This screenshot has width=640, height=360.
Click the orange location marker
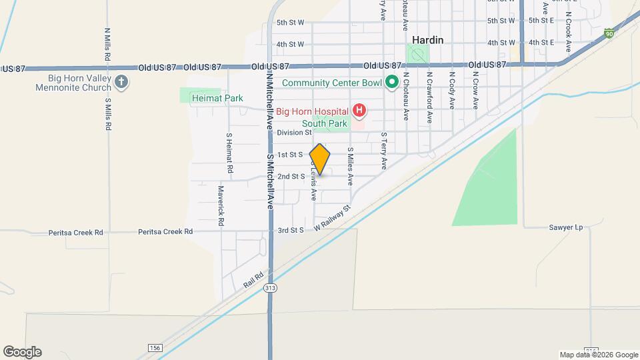coord(320,159)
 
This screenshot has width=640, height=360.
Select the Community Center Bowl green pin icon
coord(392,83)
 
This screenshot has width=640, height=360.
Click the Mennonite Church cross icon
coord(121,83)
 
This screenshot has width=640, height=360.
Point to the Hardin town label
coord(428,40)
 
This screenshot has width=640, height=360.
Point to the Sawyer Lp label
coord(567,227)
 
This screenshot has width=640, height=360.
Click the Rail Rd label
coord(254,279)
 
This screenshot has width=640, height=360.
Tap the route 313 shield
coord(270,287)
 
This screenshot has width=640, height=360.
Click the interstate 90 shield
coord(610,33)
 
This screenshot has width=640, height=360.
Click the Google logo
coord(22,351)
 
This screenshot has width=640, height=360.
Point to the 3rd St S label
coord(291,230)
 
